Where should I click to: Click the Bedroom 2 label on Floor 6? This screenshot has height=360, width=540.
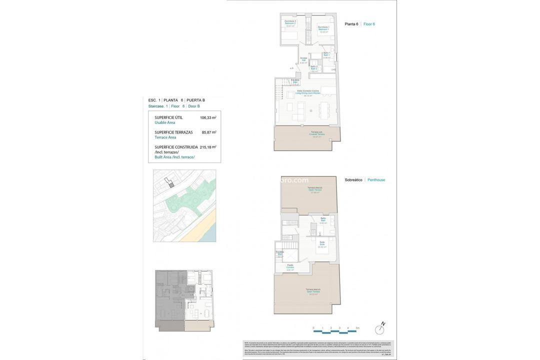click(x=290, y=23)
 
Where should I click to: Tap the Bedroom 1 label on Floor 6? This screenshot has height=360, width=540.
click(x=323, y=29)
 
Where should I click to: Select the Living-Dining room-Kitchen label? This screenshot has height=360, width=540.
click(x=301, y=92)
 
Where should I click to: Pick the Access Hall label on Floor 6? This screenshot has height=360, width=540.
click(x=303, y=60)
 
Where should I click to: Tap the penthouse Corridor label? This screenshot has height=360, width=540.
click(x=290, y=267)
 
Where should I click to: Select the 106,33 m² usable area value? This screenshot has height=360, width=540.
click(x=207, y=118)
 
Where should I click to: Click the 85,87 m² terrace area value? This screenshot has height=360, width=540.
click(x=208, y=132)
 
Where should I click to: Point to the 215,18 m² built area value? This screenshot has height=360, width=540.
click(x=207, y=147)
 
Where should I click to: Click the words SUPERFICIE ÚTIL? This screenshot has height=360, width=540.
click(x=168, y=117)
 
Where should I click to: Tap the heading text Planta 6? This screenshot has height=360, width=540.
click(x=351, y=24)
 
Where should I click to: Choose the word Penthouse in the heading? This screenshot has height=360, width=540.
click(x=376, y=180)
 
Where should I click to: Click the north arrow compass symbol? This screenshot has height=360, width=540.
click(x=380, y=329)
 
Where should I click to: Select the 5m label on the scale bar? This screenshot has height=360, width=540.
click(x=357, y=328)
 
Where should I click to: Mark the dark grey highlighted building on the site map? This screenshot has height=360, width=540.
click(x=171, y=184)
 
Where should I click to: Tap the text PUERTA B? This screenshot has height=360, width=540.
click(x=195, y=100)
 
